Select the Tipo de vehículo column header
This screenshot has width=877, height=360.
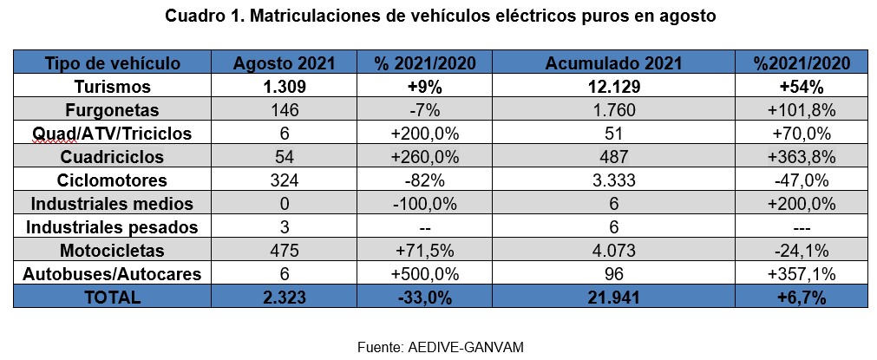coord(113,63)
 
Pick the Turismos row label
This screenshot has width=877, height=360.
coord(113,87)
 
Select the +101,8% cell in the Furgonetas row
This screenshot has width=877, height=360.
coord(801,110)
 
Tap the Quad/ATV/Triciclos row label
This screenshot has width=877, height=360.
coord(113,134)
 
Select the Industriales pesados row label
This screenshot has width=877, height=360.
coord(113,227)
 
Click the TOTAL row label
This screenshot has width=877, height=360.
coord(113,298)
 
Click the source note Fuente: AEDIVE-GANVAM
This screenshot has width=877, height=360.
coord(441,346)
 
